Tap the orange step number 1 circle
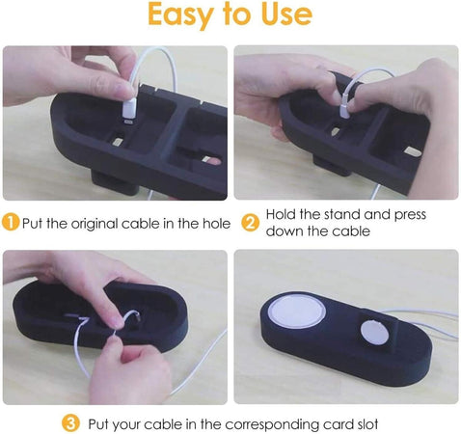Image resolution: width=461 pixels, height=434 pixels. (11, 223)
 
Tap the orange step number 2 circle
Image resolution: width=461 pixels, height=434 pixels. (251, 223)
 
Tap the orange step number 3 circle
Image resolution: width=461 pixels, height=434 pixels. (70, 423)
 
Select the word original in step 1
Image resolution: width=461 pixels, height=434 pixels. (95, 224)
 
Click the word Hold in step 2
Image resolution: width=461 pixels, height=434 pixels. (281, 214)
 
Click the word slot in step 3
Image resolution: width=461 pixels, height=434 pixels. (367, 424)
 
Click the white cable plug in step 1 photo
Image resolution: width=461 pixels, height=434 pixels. (129, 110)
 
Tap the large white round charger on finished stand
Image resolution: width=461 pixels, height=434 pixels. (297, 310)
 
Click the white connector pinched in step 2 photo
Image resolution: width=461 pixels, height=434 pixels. (344, 108)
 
